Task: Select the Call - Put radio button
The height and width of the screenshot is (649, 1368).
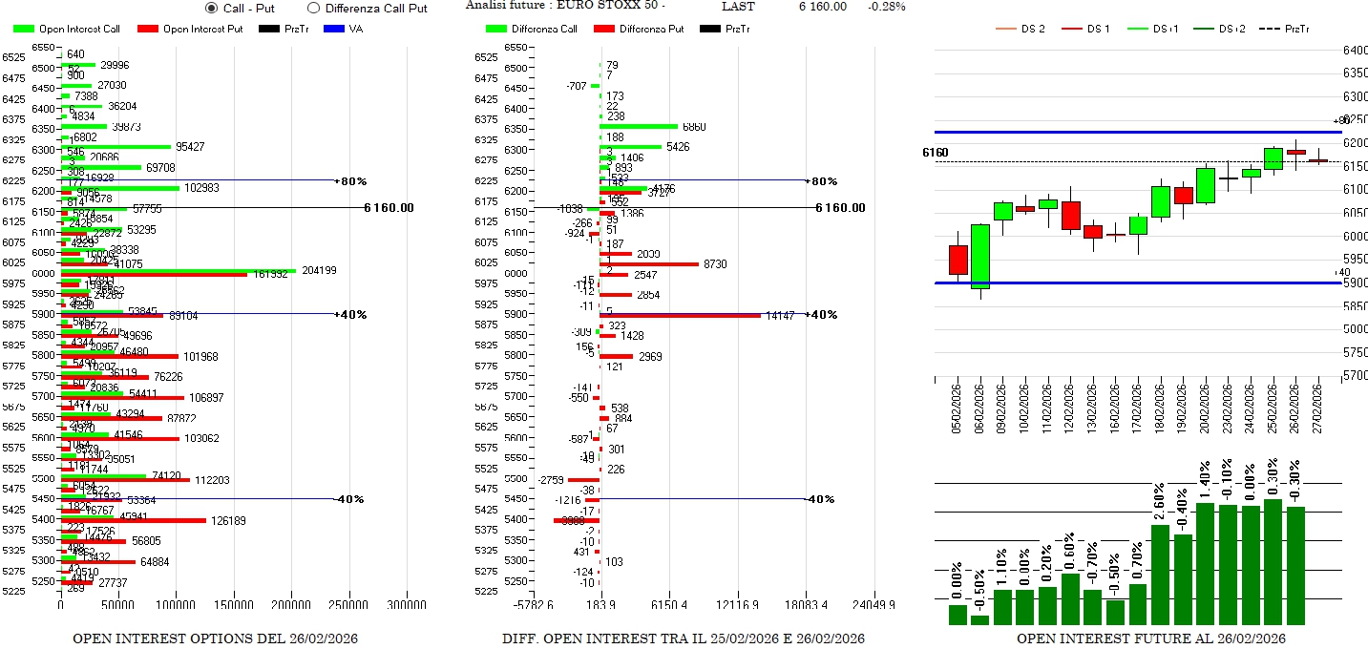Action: [212, 8]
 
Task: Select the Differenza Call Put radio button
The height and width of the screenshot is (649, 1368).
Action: [313, 8]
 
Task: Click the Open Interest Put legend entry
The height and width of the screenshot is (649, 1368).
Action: [190, 29]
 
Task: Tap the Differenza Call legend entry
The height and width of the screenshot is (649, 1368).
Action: [534, 29]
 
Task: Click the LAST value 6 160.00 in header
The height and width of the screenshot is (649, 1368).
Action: [822, 7]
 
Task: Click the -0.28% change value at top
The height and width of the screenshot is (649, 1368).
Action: [887, 7]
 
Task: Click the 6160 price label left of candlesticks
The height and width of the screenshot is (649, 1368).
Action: [936, 153]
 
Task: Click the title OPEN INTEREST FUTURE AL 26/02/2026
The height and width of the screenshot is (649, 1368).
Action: [1150, 638]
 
